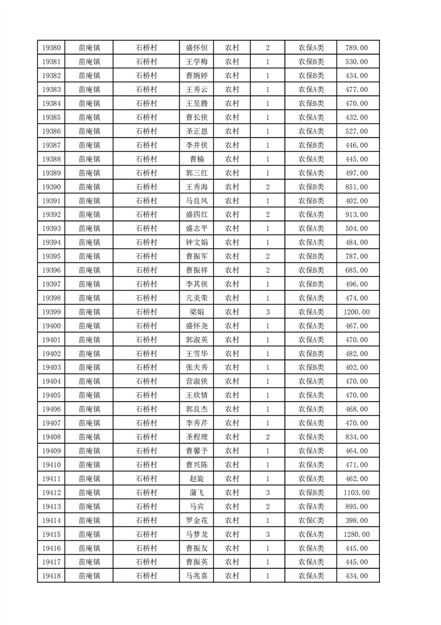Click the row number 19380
pyautogui.click(x=51, y=48)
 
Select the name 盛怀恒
pyautogui.click(x=196, y=48)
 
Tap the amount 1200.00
pyautogui.click(x=356, y=312)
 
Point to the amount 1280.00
pyautogui.click(x=356, y=534)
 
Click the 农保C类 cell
pyautogui.click(x=311, y=520)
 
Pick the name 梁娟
pyautogui.click(x=196, y=312)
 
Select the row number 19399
pyautogui.click(x=51, y=312)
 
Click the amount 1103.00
pyautogui.click(x=356, y=492)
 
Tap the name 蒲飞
pyautogui.click(x=196, y=492)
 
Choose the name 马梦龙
pyautogui.click(x=196, y=534)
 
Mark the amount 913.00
pyautogui.click(x=356, y=214)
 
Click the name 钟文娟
pyautogui.click(x=196, y=242)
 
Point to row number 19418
pyautogui.click(x=51, y=576)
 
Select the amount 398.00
pyautogui.click(x=356, y=520)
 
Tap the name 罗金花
pyautogui.click(x=196, y=520)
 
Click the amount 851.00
pyautogui.click(x=356, y=187)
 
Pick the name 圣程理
pyautogui.click(x=196, y=437)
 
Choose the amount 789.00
pyautogui.click(x=356, y=48)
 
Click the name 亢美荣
pyautogui.click(x=196, y=298)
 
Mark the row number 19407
pyautogui.click(x=51, y=423)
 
